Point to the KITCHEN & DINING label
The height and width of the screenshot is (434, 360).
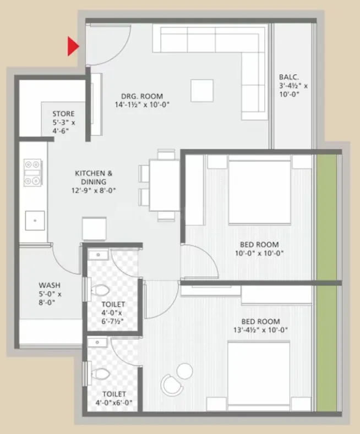[x=95, y=182]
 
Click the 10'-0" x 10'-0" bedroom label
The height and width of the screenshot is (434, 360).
[x=259, y=249]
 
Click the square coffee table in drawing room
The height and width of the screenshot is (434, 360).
[x=202, y=90]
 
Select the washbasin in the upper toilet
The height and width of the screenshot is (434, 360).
[x=99, y=255]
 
